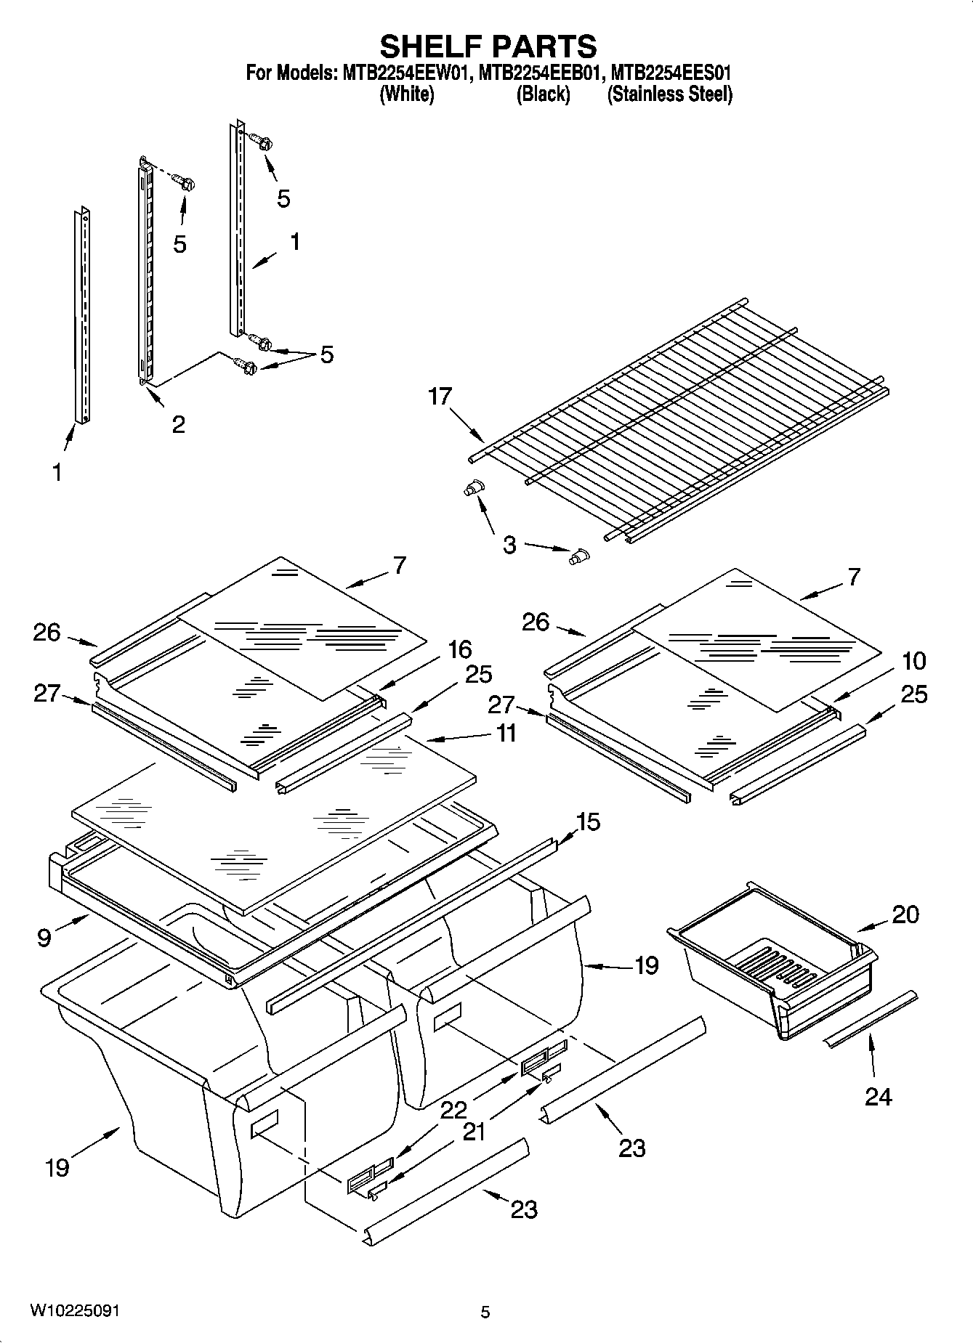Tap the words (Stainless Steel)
669,94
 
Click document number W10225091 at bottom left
75,1311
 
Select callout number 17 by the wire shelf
440,397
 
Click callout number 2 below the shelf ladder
178,423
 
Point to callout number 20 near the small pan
905,914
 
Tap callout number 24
878,1096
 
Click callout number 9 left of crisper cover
44,937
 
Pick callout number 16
459,649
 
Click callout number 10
913,661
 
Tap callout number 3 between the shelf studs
509,544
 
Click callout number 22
453,1111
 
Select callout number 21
473,1131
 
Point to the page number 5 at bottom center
485,1312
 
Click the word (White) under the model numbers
407,94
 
